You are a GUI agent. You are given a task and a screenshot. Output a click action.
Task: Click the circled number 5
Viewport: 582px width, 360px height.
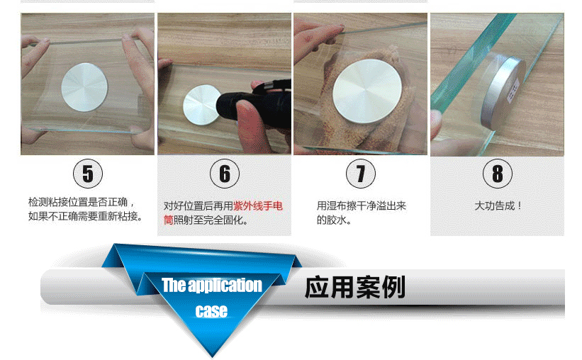[87, 174]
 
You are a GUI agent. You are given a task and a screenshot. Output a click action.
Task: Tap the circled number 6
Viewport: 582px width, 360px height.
[225, 174]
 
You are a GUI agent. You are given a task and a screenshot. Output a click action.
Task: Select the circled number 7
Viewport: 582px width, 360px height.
[361, 174]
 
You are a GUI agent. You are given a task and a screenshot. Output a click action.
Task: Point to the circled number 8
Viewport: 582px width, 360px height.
[498, 174]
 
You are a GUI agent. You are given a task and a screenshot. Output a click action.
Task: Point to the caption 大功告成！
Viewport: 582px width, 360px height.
[498, 206]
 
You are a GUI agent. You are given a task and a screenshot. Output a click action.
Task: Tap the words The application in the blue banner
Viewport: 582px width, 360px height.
[211, 286]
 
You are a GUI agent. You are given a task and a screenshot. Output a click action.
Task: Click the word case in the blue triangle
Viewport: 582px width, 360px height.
[211, 310]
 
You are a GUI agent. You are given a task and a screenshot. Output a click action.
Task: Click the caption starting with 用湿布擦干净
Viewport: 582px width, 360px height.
[361, 206]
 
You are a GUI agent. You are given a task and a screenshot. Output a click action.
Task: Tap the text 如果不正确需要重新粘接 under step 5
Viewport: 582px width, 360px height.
[85, 216]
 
